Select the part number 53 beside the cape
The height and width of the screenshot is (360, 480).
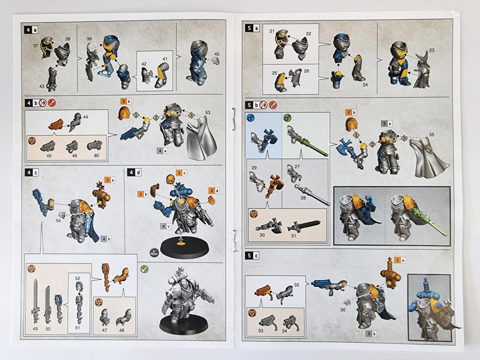[207, 112]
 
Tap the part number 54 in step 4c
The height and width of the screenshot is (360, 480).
[58, 219]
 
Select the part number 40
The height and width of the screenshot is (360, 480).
[216, 54]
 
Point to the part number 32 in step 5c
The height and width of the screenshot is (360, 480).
[296, 285]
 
